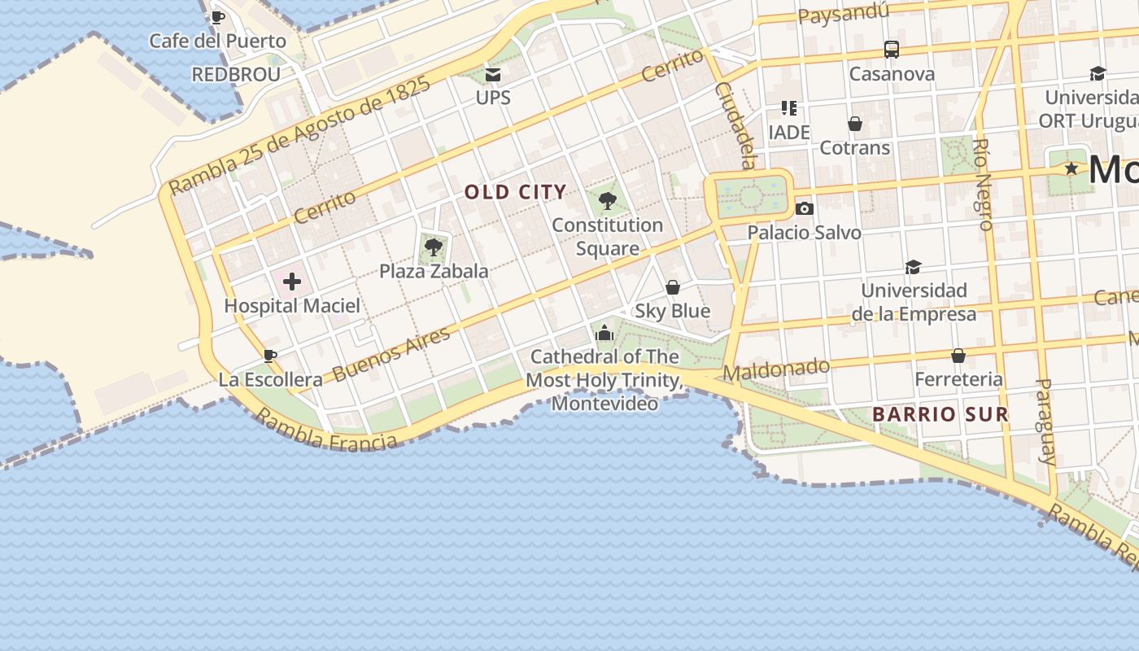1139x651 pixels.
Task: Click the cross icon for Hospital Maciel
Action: (x=292, y=282)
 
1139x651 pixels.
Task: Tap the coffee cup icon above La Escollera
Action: (x=270, y=356)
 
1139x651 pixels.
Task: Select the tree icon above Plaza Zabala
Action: (x=434, y=247)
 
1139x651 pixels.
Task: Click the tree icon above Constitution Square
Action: (x=607, y=201)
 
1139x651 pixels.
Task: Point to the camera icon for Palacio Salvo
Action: (x=805, y=209)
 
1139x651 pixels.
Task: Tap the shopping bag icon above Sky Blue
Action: (x=673, y=287)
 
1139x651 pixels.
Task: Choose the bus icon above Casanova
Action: (x=892, y=50)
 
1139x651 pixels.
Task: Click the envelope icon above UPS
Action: (x=493, y=75)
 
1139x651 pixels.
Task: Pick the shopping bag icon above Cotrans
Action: (x=855, y=124)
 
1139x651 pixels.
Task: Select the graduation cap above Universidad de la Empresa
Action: (x=914, y=267)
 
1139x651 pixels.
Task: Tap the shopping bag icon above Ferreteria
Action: (x=958, y=356)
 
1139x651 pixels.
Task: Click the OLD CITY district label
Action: (x=515, y=193)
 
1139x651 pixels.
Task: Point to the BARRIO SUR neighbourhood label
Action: (x=940, y=414)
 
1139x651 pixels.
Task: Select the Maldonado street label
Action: (x=776, y=370)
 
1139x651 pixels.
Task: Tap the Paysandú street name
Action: (x=843, y=14)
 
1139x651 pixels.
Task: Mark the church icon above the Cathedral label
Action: (x=604, y=333)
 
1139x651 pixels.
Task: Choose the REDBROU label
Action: (x=236, y=75)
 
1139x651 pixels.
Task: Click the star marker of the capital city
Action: (x=1071, y=168)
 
